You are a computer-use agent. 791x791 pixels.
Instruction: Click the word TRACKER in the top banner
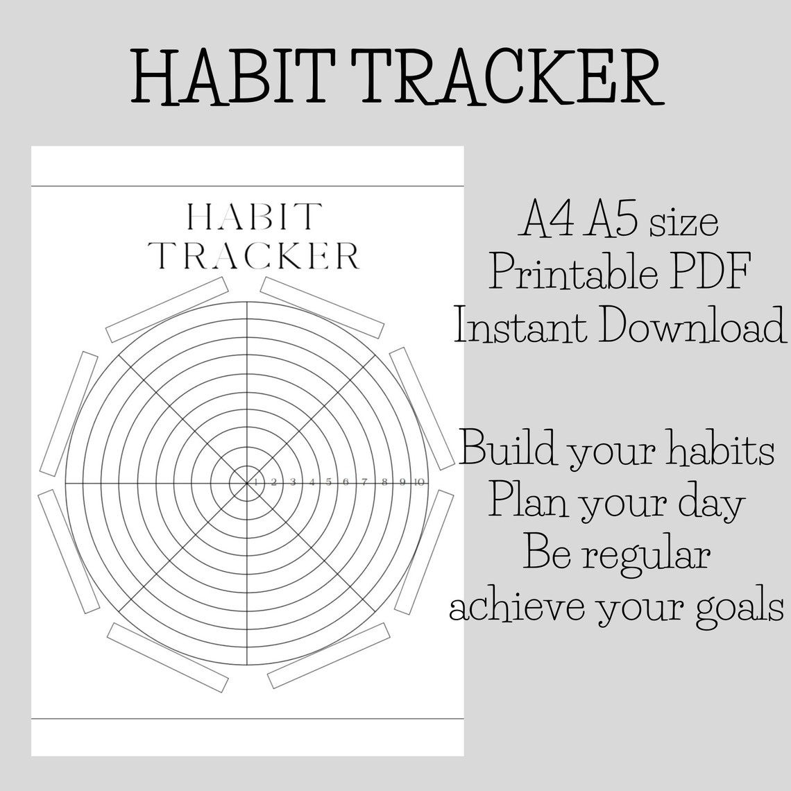506,77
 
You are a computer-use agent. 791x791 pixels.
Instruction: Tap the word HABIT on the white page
254,216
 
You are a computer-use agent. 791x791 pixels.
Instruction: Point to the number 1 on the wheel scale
256,482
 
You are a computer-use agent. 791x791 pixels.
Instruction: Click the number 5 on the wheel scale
329,482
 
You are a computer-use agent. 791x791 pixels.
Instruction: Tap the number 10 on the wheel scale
418,482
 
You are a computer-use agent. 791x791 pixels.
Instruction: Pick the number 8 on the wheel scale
384,482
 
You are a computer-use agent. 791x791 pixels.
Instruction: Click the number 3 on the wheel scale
293,482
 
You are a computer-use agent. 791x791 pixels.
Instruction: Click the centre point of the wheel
247,484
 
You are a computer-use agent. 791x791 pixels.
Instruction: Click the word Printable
574,271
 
